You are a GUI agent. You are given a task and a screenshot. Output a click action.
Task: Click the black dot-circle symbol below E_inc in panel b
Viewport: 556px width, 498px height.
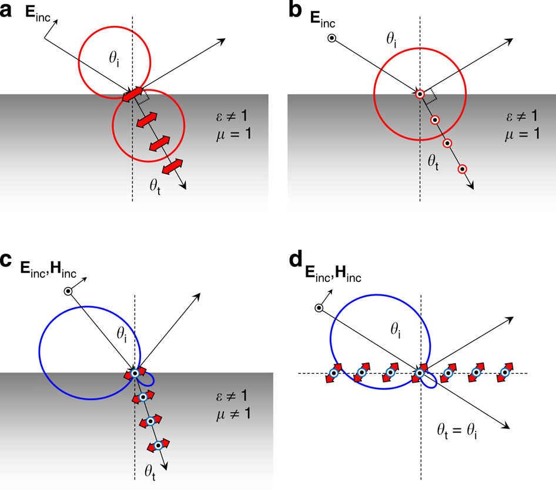[x=332, y=39]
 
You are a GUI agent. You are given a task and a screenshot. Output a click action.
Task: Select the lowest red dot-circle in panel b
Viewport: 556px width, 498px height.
[x=463, y=169]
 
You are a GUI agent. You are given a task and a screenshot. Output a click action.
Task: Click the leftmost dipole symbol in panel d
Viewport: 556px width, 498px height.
[x=333, y=373]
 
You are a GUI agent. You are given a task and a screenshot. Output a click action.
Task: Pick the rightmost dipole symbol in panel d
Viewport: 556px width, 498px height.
[x=504, y=373]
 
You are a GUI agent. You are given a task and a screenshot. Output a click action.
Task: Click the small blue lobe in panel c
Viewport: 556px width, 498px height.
[x=146, y=379]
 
